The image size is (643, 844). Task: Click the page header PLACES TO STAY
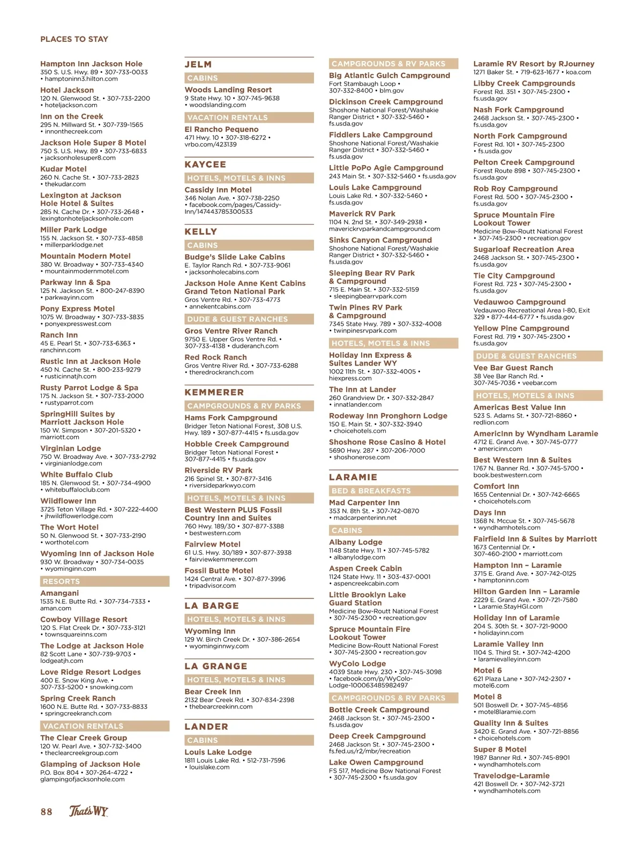pyautogui.click(x=74, y=39)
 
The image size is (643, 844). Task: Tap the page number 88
pyautogui.click(x=47, y=811)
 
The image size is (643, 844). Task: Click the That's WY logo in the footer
pyautogui.click(x=88, y=811)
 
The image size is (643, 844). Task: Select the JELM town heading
pyautogui.click(x=198, y=64)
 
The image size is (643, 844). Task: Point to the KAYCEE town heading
pyautogui.click(x=205, y=165)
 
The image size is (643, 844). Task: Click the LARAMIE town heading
pyautogui.click(x=353, y=477)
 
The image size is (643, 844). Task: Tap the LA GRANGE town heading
pyautogui.click(x=216, y=666)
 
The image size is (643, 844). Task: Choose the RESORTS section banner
pyautogui.click(x=61, y=581)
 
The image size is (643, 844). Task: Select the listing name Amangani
pyautogui.click(x=59, y=593)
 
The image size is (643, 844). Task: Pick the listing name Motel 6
pyautogui.click(x=488, y=670)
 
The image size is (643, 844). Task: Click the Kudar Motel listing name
pyautogui.click(x=63, y=169)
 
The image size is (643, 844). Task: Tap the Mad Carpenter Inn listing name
pyautogui.click(x=364, y=503)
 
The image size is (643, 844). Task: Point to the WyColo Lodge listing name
pyautogui.click(x=357, y=663)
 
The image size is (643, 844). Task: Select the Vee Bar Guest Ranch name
pyautogui.click(x=513, y=368)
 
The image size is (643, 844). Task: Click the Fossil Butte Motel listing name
pyautogui.click(x=219, y=571)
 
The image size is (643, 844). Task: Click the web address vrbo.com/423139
pyautogui.click(x=211, y=145)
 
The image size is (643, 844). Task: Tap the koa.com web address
pyautogui.click(x=578, y=72)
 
